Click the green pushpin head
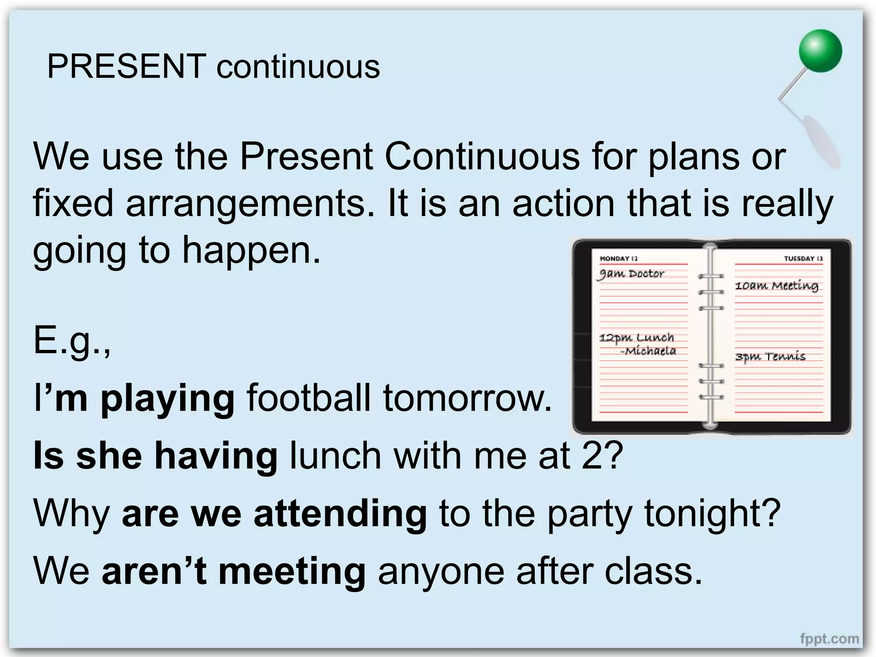pyautogui.click(x=820, y=51)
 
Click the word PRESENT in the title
pyautogui.click(x=127, y=67)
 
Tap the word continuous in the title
pyautogui.click(x=298, y=68)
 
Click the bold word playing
pyautogui.click(x=167, y=398)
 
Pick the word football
pyautogui.click(x=308, y=397)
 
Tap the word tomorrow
pyautogui.click(x=468, y=398)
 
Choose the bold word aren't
pyautogui.click(x=154, y=571)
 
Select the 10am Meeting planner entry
pyautogui.click(x=776, y=285)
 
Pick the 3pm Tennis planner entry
pyautogui.click(x=770, y=357)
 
